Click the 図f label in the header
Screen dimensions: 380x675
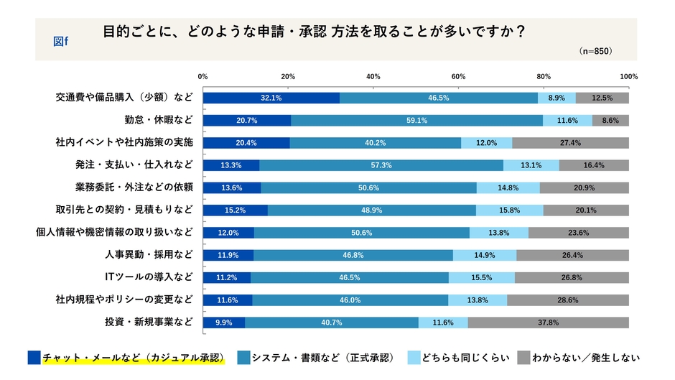pyautogui.click(x=61, y=40)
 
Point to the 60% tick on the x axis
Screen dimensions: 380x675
pyautogui.click(x=458, y=77)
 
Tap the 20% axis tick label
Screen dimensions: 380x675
pyautogui.click(x=288, y=77)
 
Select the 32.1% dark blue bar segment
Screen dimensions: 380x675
pyautogui.click(x=271, y=98)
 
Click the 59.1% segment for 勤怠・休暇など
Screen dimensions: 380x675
pyautogui.click(x=416, y=120)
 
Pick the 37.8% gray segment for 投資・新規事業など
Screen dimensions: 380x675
pyautogui.click(x=548, y=323)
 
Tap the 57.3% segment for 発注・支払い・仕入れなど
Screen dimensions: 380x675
pyautogui.click(x=381, y=165)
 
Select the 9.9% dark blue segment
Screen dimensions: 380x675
pyautogui.click(x=224, y=323)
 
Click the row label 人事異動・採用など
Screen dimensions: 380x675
pyautogui.click(x=149, y=255)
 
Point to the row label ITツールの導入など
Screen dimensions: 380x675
pyautogui.click(x=149, y=277)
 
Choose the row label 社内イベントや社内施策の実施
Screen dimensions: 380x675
pyautogui.click(x=124, y=142)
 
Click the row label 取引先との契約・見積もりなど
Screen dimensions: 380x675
pyautogui.click(x=124, y=210)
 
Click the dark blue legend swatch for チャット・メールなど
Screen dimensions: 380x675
pyautogui.click(x=34, y=357)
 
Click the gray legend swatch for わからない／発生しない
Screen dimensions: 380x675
pyautogui.click(x=523, y=357)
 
